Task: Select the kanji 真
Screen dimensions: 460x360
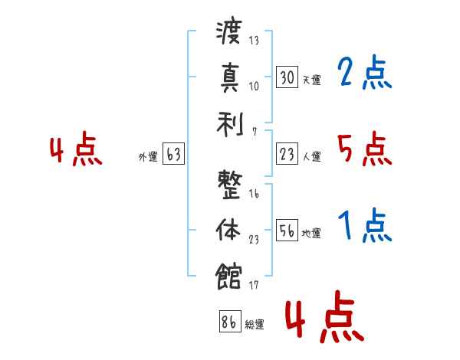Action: tap(230, 78)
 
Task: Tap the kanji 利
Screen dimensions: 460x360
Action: tap(230, 125)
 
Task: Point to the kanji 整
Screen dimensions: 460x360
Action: tap(230, 185)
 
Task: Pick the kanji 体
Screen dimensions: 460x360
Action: tap(228, 230)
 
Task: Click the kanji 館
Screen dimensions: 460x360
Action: tap(228, 277)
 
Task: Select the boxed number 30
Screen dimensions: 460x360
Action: tap(287, 77)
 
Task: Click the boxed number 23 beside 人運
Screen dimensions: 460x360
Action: tap(287, 154)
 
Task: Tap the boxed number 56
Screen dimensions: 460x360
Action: tap(287, 230)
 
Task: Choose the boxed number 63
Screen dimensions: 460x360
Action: tap(174, 154)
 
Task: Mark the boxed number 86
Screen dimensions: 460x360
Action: tap(230, 321)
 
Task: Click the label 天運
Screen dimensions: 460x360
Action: tap(312, 80)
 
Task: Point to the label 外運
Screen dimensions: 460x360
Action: tap(148, 156)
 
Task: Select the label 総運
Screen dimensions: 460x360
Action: tap(255, 325)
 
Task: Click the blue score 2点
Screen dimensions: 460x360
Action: tap(364, 72)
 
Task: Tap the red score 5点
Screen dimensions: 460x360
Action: tap(364, 149)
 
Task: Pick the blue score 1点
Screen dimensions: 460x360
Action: tap(364, 225)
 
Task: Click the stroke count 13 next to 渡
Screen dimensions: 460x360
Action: tap(254, 40)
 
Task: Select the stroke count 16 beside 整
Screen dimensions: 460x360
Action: tap(254, 194)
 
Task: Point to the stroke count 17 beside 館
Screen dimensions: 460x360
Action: tap(254, 285)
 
